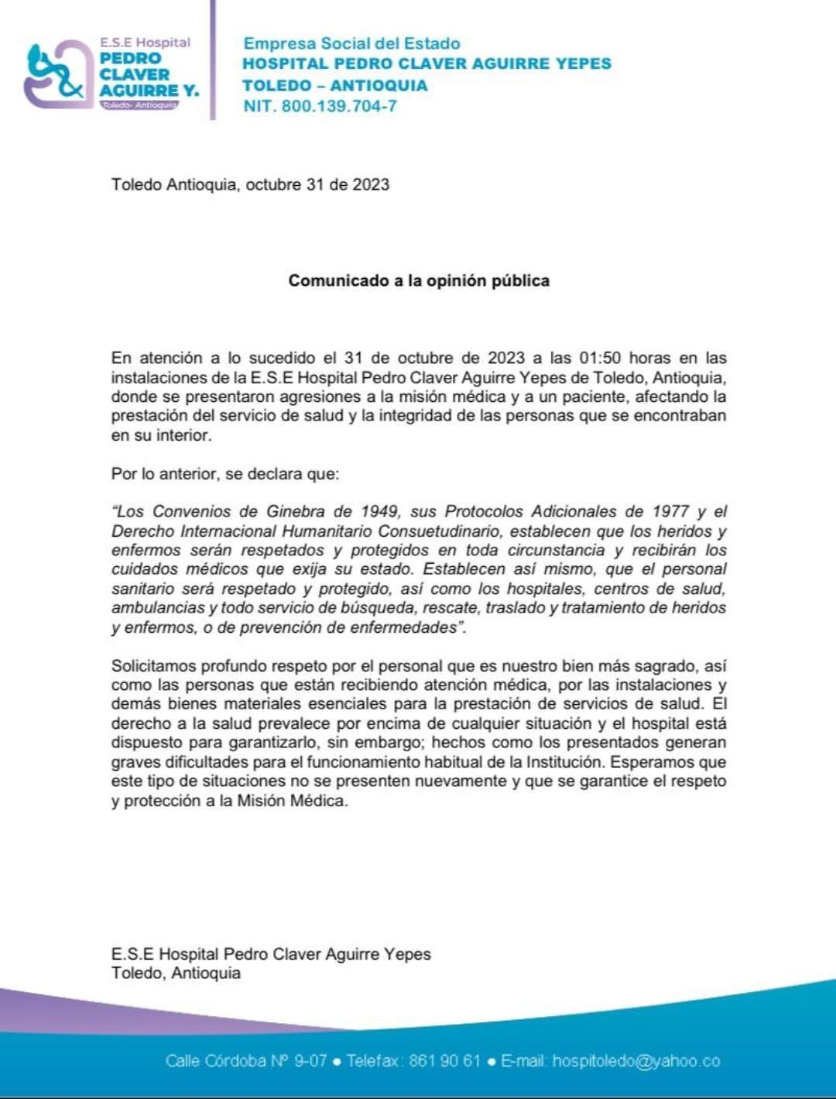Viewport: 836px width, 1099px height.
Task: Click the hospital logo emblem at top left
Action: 56,75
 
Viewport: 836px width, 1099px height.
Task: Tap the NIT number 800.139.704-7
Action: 339,106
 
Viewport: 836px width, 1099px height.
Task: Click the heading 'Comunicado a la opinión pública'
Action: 419,280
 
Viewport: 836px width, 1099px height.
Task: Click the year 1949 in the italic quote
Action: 379,511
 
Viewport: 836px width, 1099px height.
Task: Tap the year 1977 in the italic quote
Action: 669,511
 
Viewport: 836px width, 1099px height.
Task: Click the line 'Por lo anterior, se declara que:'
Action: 225,473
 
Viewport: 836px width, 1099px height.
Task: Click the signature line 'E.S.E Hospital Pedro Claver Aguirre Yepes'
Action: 271,954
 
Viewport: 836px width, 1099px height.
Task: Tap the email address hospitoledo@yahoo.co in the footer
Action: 636,1061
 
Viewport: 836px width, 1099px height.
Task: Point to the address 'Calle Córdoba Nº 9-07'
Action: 246,1061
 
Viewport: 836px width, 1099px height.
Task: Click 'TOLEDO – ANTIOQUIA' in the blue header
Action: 334,85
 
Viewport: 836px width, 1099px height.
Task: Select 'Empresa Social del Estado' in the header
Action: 351,43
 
